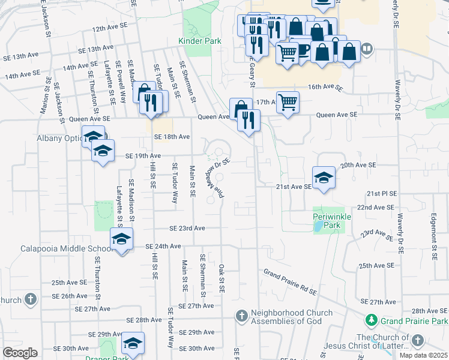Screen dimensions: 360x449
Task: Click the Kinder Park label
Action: point(200,41)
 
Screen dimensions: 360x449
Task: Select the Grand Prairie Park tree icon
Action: point(372,320)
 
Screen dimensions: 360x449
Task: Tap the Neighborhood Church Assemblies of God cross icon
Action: point(241,315)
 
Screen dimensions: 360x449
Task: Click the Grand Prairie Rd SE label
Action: point(290,282)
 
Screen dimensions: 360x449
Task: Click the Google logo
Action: point(20,353)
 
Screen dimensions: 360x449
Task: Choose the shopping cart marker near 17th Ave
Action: point(288,103)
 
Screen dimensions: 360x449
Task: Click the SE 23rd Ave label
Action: point(187,229)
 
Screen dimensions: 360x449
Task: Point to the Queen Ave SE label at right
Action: point(336,115)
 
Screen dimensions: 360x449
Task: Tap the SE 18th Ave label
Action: point(172,137)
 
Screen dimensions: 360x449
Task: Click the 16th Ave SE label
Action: point(324,87)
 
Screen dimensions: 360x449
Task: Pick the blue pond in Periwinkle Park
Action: point(317,227)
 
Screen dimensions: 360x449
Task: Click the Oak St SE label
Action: point(221,278)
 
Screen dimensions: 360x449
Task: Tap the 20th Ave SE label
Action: point(358,164)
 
